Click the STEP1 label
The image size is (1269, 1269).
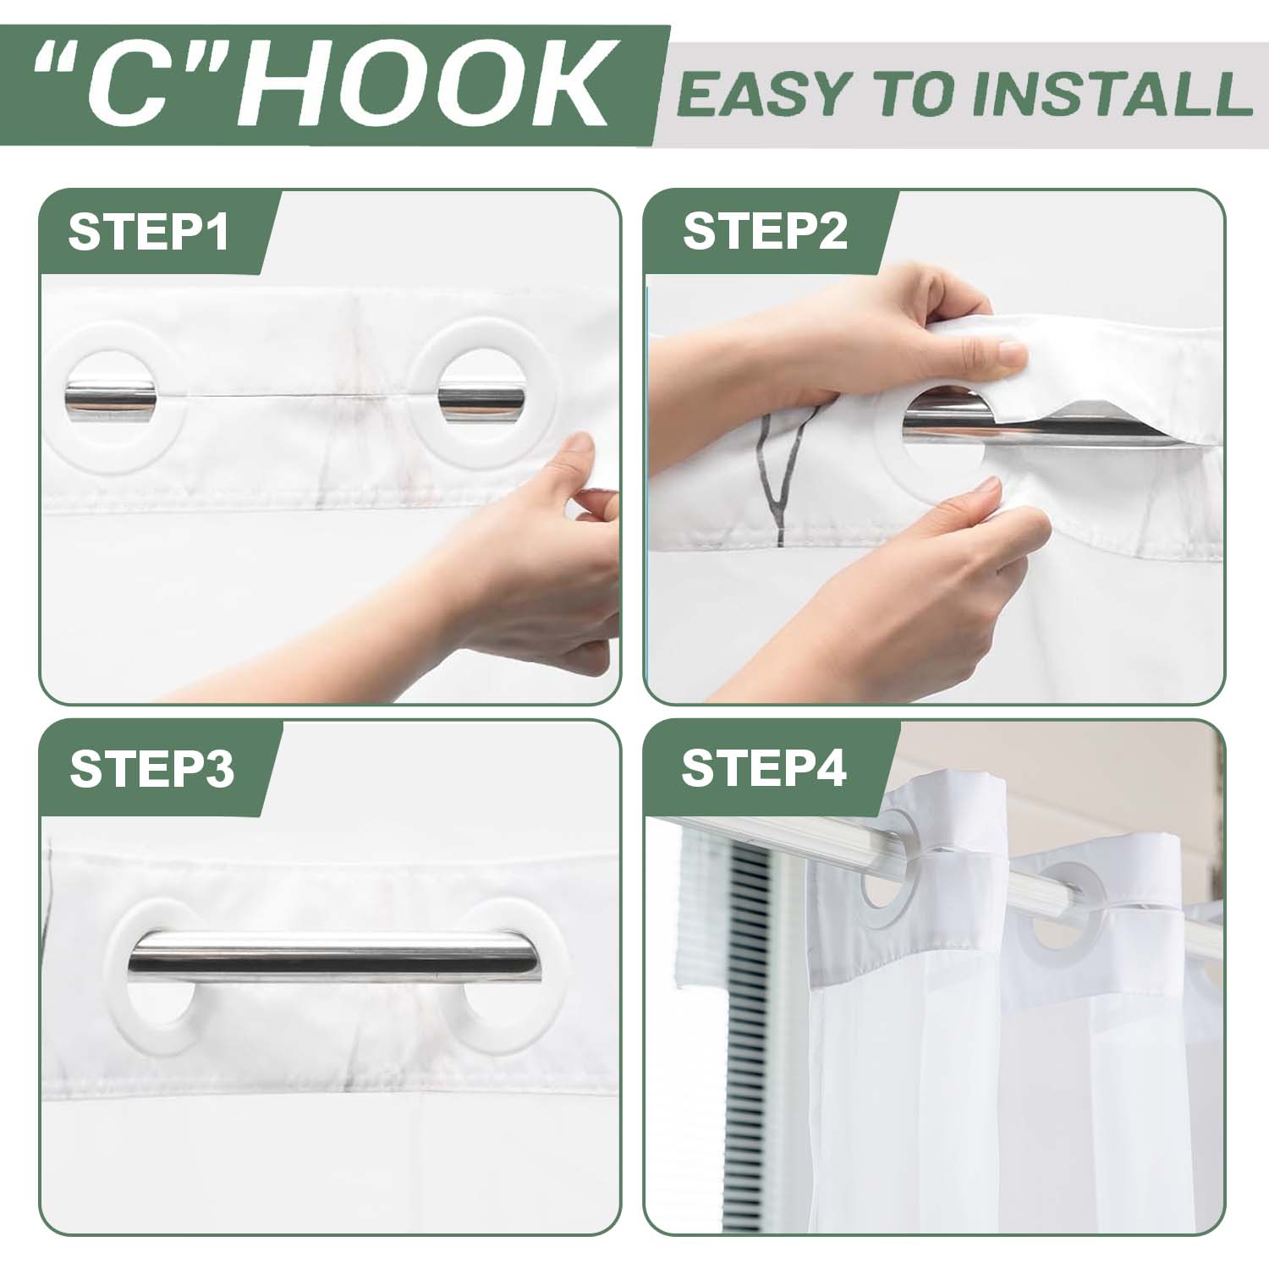[148, 232]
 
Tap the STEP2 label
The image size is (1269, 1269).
[765, 231]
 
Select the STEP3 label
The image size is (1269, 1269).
[151, 769]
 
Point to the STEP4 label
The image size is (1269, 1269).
[764, 768]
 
